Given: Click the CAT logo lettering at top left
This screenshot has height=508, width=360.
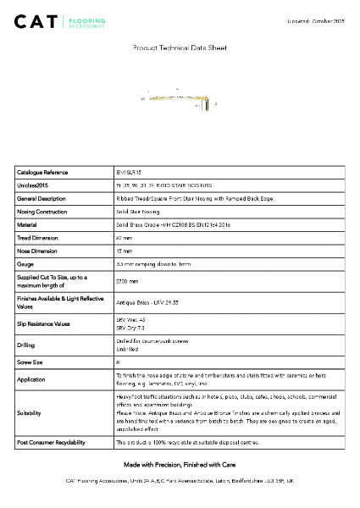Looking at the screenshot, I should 34,21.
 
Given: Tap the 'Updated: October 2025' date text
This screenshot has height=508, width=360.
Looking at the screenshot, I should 316,19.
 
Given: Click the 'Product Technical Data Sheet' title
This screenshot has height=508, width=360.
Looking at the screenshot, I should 179,49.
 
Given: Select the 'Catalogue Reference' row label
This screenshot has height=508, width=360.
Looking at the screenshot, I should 42,172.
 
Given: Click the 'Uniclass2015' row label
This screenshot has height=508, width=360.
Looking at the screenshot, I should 33,185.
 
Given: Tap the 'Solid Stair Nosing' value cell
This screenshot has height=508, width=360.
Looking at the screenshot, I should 137,211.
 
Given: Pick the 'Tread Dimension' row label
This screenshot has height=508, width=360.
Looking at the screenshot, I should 38,238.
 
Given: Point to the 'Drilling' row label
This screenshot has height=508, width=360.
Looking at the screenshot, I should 25,345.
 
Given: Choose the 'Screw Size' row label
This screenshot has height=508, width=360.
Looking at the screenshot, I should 31,361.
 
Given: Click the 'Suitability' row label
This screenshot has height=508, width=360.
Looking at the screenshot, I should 30,413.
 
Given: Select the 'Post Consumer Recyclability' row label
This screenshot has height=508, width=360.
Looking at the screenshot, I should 51,442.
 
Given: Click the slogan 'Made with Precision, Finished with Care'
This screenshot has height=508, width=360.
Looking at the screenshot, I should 179,465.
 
